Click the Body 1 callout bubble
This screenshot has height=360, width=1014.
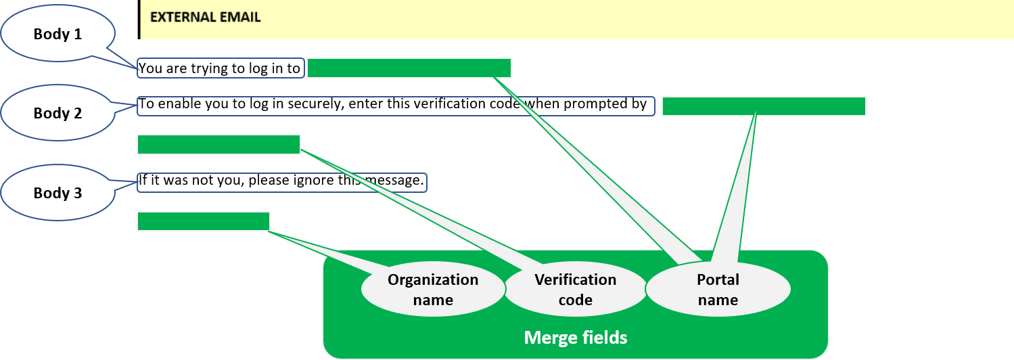[x=57, y=34]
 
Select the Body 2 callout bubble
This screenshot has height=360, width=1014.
[x=57, y=114]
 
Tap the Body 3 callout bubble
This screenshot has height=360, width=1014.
[x=57, y=194]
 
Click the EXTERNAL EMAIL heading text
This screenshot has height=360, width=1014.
[x=205, y=18]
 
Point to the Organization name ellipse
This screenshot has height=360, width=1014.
[x=433, y=290]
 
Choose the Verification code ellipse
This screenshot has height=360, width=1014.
[x=576, y=290]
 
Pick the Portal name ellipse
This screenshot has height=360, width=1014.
[x=718, y=290]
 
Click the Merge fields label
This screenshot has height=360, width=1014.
[x=576, y=337]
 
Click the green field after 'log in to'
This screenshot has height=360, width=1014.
[x=409, y=68]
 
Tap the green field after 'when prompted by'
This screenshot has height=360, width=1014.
[x=764, y=106]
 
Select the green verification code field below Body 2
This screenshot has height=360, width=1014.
[x=218, y=145]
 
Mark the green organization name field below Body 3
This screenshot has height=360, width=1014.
[x=203, y=221]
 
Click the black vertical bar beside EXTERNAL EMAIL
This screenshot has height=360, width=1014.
[x=139, y=19]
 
